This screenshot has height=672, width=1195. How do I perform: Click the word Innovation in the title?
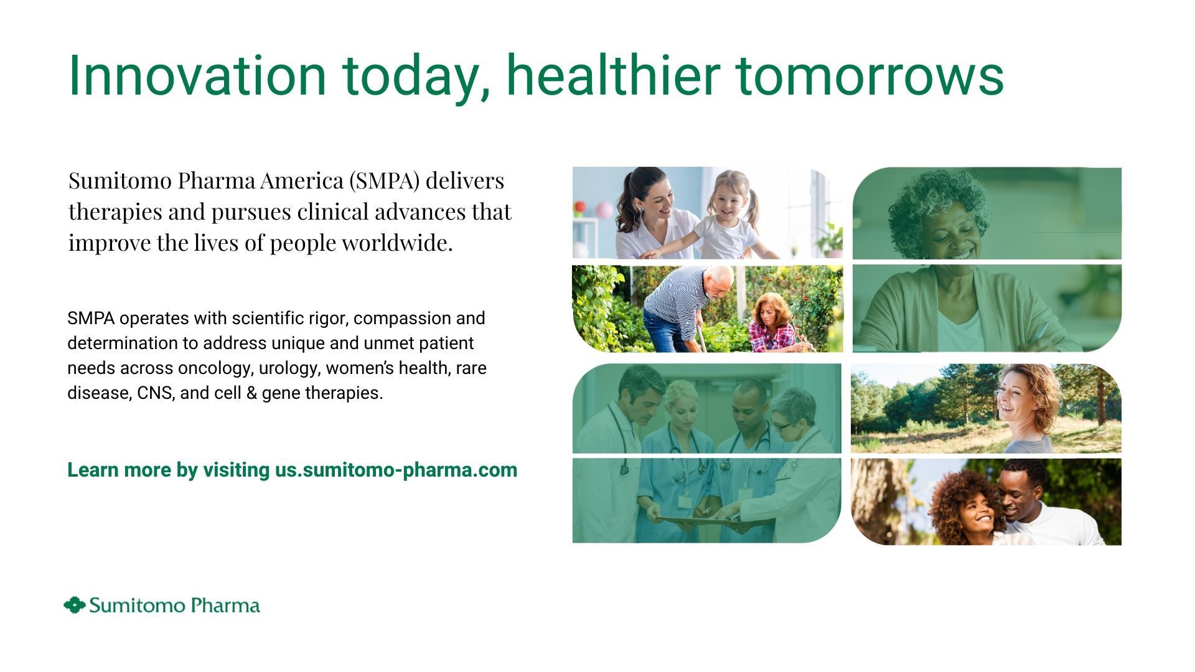pyautogui.click(x=197, y=75)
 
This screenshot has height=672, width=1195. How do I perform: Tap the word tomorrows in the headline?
pyautogui.click(x=869, y=75)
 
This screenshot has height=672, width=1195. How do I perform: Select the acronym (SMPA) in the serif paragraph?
pyautogui.click(x=384, y=180)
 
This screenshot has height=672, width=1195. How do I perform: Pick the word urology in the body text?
pyautogui.click(x=289, y=368)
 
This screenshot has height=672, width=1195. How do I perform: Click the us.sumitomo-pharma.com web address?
pyautogui.click(x=396, y=470)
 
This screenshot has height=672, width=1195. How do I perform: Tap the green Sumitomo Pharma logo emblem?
pyautogui.click(x=75, y=605)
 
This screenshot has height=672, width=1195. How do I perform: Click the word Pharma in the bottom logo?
pyautogui.click(x=225, y=605)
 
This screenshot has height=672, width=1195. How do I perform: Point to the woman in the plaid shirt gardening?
pyautogui.click(x=774, y=323)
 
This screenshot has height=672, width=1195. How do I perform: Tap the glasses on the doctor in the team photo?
pyautogui.click(x=782, y=427)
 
